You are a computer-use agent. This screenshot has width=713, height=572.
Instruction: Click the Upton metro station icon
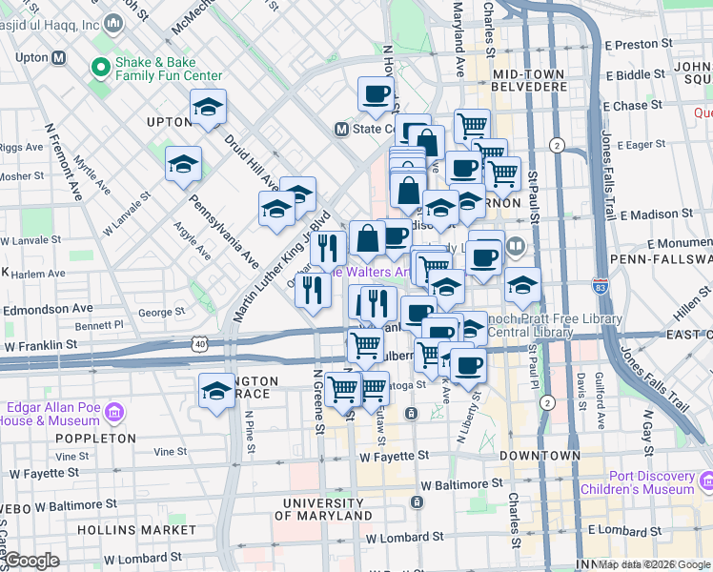point(59,57)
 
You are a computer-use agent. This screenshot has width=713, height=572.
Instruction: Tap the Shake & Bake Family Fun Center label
point(168,68)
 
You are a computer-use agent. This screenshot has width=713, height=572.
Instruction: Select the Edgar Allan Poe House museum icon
point(115,413)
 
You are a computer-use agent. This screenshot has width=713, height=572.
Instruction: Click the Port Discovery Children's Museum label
point(653,482)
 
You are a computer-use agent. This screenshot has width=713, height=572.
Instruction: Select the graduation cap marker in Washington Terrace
point(216,392)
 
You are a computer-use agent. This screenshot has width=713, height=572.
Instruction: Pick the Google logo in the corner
point(31,562)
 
